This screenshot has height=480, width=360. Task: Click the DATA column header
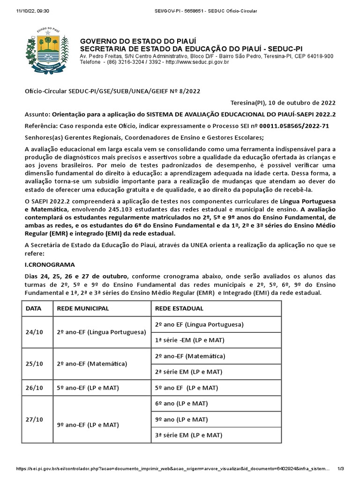[x=34, y=308]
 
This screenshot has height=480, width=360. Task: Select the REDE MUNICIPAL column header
[x=83, y=308]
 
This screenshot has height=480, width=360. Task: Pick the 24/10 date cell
[x=34, y=332]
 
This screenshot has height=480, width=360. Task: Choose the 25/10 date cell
[x=34, y=364]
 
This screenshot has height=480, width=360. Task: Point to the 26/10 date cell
[x=34, y=388]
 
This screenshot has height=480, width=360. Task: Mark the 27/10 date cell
[x=34, y=420]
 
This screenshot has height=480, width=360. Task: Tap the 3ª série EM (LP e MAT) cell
[x=188, y=435]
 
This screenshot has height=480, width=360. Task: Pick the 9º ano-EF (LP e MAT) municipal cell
[x=88, y=425]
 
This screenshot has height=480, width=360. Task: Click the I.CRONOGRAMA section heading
[x=50, y=264]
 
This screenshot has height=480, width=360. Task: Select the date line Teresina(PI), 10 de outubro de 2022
[x=283, y=103]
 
